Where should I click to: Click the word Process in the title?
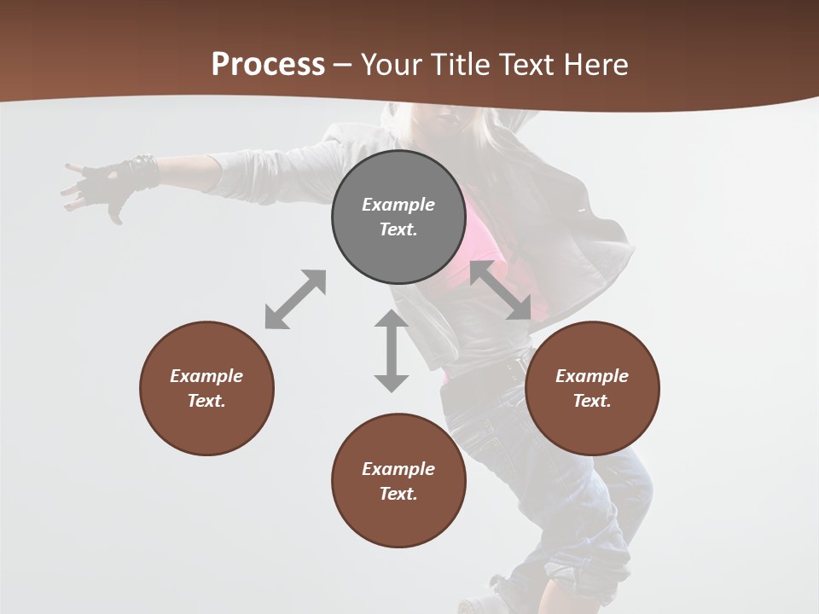[268, 65]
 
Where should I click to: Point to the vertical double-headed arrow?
[392, 350]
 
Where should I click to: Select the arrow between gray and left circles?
[295, 299]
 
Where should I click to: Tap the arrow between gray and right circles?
[501, 290]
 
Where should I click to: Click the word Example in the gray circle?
[398, 205]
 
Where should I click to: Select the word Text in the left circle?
[206, 401]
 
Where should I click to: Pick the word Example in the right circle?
[592, 376]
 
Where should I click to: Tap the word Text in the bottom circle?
[398, 494]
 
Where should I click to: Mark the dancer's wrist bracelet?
[142, 171]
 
